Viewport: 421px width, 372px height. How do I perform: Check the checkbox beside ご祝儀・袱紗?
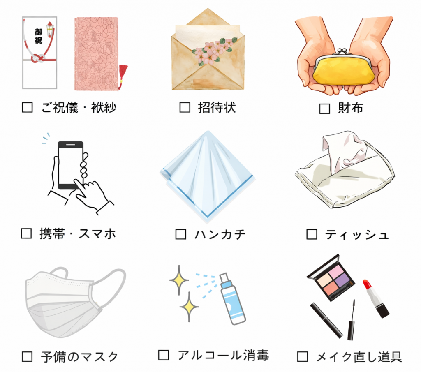point(27,108)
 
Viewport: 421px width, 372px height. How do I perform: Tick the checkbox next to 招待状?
point(185,108)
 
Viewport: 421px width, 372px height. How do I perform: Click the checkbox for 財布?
point(325,109)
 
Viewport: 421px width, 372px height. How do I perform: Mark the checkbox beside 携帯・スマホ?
point(26,233)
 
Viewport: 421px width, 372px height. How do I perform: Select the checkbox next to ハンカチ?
point(181,234)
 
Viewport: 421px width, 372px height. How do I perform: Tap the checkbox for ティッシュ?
point(312,234)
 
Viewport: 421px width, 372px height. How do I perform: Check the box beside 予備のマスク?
point(27,356)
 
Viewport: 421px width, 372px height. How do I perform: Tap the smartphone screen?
point(70,165)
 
